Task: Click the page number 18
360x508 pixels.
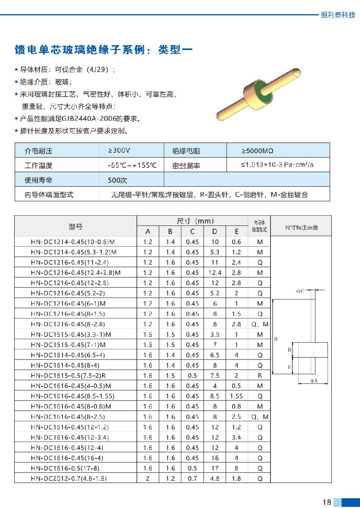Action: [x=327, y=502]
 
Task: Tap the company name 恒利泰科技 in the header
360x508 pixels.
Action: [x=338, y=15]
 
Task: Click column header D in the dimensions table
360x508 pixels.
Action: [x=215, y=231]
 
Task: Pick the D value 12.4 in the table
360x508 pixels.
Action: [x=215, y=273]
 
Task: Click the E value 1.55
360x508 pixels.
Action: [x=236, y=396]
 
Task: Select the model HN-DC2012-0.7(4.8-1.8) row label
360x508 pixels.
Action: [x=68, y=478]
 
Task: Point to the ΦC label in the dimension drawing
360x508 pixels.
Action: [x=300, y=291]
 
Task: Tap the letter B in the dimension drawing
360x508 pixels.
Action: [x=290, y=350]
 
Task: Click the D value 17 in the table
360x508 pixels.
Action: [x=215, y=468]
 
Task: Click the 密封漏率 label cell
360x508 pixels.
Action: [x=186, y=165]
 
